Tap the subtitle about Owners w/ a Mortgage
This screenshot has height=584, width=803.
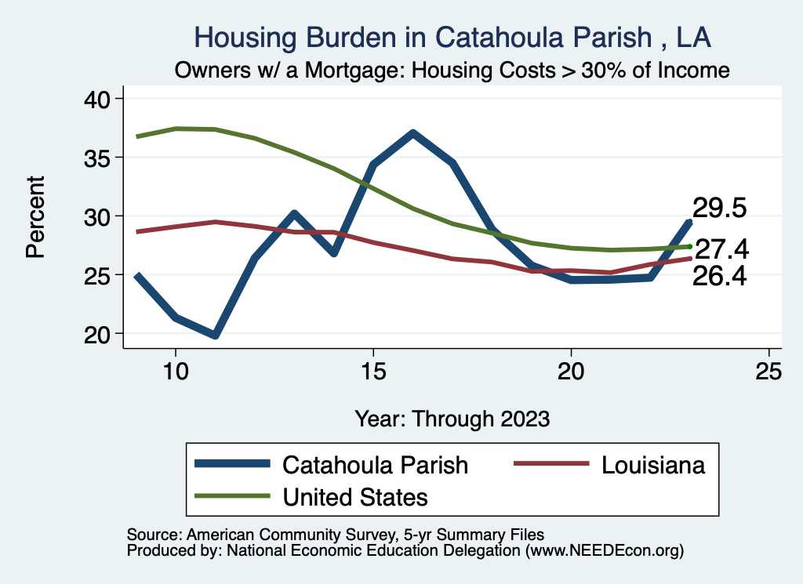pos(452,71)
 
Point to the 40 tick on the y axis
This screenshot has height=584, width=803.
pos(98,99)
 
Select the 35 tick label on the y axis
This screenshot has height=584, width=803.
pos(98,158)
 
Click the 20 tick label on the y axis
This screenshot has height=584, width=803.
pos(98,334)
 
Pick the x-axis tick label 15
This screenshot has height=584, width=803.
pos(373,371)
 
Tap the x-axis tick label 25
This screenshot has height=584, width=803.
pos(768,371)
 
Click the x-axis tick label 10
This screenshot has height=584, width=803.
pos(176,371)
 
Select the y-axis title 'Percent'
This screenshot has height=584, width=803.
pos(35,216)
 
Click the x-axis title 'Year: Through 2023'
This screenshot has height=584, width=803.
pos(452,418)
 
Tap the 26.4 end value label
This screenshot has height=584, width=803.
pos(719,276)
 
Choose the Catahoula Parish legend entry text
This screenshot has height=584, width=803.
pos(375,465)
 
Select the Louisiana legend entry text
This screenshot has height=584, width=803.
pos(653,465)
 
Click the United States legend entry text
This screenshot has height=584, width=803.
pos(355,496)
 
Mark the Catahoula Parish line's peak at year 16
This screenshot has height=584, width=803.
pos(412,133)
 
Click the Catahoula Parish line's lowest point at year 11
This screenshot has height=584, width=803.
pos(215,336)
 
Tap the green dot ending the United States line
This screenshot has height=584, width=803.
pos(689,246)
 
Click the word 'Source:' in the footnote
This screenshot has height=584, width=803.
pos(153,535)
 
